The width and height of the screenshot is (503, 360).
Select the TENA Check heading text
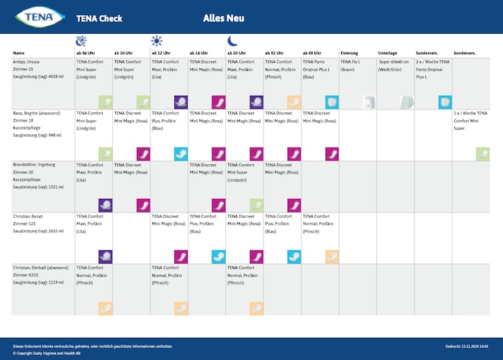(99, 19)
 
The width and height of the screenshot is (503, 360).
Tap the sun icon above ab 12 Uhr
(157, 41)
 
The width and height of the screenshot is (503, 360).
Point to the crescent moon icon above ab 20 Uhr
(232, 41)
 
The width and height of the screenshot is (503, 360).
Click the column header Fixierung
(350, 53)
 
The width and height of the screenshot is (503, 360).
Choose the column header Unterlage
(388, 53)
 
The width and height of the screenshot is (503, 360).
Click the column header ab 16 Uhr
(199, 53)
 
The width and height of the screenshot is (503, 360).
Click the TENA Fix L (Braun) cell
(350, 66)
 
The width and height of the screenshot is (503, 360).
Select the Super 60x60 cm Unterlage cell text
(394, 66)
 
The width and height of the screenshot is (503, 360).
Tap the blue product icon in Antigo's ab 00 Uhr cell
(332, 102)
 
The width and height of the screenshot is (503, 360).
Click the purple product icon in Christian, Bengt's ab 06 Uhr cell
(106, 256)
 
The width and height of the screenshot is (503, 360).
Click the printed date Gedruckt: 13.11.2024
(471, 346)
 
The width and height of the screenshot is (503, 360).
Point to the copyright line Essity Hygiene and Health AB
(47, 353)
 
